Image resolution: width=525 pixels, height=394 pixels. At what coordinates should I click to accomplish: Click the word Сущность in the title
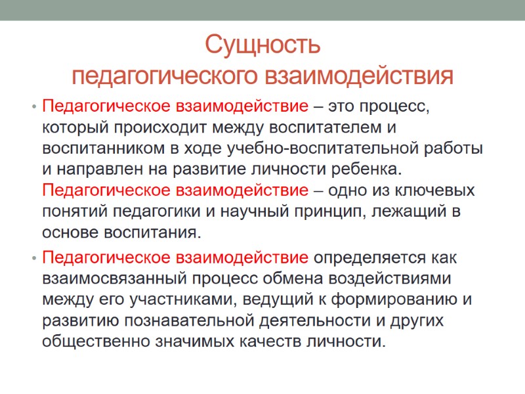(262, 46)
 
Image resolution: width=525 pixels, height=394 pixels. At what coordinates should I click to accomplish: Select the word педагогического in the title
(164, 76)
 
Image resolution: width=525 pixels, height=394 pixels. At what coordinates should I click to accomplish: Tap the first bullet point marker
(31, 106)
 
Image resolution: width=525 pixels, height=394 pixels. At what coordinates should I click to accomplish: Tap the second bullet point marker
(31, 257)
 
